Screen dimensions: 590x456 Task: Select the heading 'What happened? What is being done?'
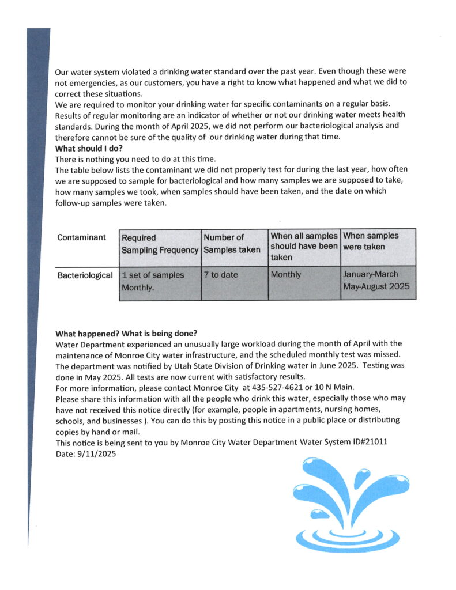click(x=126, y=334)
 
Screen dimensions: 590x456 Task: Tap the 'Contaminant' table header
click(x=81, y=237)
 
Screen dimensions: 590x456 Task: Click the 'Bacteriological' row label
click(x=85, y=275)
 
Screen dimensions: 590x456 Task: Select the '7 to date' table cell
click(x=220, y=275)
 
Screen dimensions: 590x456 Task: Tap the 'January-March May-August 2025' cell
click(x=378, y=280)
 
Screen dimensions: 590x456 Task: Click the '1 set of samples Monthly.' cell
click(x=153, y=281)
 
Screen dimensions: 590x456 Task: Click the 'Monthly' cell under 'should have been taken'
click(x=286, y=275)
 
